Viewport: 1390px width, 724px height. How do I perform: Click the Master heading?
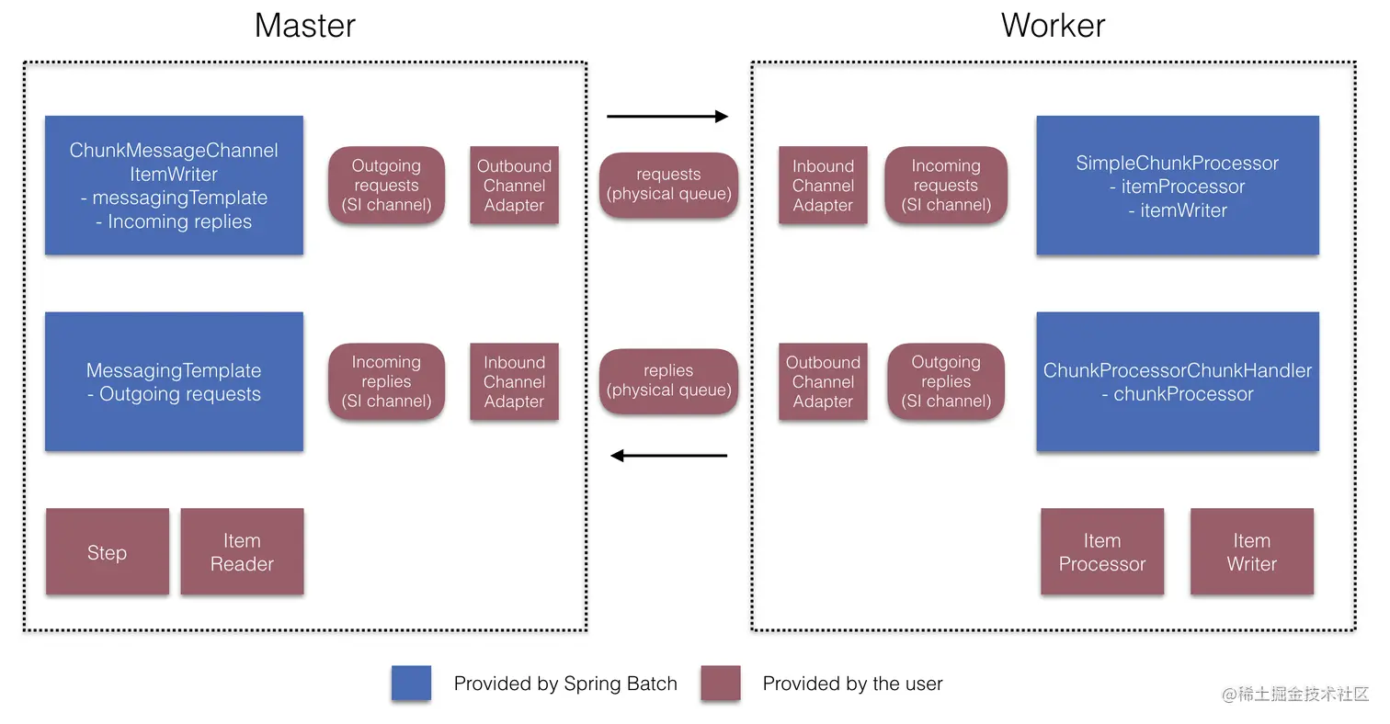(304, 25)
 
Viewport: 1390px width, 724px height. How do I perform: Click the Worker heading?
(1053, 25)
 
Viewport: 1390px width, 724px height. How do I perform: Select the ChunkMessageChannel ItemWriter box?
(174, 186)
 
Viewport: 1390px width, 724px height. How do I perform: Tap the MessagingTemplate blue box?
(174, 382)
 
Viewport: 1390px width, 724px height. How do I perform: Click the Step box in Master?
(108, 552)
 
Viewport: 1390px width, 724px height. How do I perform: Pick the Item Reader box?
(242, 552)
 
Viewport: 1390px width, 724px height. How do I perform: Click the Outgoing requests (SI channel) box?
(386, 186)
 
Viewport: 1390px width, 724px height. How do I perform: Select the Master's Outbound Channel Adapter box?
(514, 186)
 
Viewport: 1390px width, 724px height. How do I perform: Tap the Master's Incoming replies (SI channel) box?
(386, 382)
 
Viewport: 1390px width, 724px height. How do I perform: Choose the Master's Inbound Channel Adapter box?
(514, 382)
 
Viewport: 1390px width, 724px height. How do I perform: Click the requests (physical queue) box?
(668, 185)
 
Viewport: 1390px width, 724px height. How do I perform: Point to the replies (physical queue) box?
(668, 381)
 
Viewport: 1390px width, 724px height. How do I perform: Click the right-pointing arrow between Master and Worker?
(667, 117)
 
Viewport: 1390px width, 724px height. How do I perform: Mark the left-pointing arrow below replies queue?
(668, 456)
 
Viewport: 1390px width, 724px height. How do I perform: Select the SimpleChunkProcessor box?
(1177, 186)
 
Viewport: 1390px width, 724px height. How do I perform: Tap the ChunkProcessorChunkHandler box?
(1177, 382)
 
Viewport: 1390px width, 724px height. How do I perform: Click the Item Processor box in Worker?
(1101, 552)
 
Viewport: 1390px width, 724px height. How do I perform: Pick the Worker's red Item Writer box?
(1251, 552)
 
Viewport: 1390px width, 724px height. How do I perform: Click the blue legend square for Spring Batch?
(411, 684)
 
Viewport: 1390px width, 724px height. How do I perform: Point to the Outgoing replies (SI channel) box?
(946, 382)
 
